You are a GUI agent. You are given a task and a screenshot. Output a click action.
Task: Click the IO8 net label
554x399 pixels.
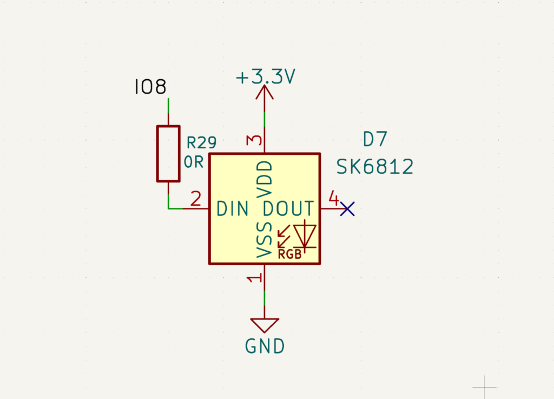pyautogui.click(x=150, y=87)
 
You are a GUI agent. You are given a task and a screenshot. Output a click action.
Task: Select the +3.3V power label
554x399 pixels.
pyautogui.click(x=265, y=77)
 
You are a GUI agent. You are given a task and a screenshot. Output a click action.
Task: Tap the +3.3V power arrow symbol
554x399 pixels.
pyautogui.click(x=264, y=92)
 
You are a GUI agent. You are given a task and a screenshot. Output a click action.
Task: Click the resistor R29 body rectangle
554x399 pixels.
pyautogui.click(x=169, y=154)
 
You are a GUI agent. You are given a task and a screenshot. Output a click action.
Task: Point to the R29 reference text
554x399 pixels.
pyautogui.click(x=201, y=143)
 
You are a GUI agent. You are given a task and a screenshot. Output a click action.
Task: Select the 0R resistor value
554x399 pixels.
pyautogui.click(x=194, y=162)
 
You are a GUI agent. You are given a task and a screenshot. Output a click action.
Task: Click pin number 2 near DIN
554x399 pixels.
pyautogui.click(x=196, y=199)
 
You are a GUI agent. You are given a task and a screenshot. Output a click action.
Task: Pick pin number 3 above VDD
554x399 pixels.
pyautogui.click(x=254, y=140)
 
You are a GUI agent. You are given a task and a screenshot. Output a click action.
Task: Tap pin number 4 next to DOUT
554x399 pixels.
pyautogui.click(x=333, y=198)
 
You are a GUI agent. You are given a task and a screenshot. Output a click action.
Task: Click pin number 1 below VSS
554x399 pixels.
pyautogui.click(x=254, y=278)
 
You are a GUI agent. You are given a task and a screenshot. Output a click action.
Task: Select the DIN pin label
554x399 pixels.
pyautogui.click(x=233, y=208)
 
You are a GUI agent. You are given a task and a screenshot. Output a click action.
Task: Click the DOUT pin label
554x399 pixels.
pyautogui.click(x=288, y=208)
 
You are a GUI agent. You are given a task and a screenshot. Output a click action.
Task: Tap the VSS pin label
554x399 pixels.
pyautogui.click(x=265, y=240)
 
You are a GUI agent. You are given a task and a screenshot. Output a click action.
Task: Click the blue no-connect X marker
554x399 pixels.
pyautogui.click(x=347, y=209)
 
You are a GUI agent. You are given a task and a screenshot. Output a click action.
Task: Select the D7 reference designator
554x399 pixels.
pyautogui.click(x=375, y=139)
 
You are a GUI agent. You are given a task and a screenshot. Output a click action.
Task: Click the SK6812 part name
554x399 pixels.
pyautogui.click(x=374, y=167)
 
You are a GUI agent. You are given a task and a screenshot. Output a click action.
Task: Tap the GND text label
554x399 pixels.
pyautogui.click(x=265, y=346)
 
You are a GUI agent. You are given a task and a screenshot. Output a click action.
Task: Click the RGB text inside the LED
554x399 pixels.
pyautogui.click(x=290, y=254)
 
